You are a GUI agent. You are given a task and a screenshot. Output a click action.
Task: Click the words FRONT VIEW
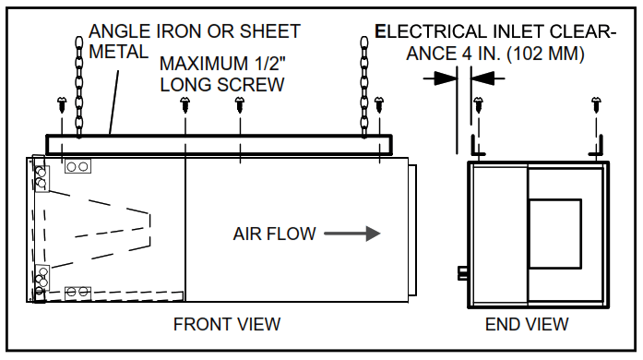click(227, 324)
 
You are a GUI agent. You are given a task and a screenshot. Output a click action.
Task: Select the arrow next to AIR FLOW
click(359, 234)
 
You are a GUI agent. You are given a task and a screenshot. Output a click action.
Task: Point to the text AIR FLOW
click(273, 234)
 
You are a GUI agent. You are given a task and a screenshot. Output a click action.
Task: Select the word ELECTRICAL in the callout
click(430, 32)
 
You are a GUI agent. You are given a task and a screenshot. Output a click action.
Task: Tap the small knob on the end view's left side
click(461, 272)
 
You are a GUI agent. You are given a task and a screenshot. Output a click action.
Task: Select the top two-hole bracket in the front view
click(77, 166)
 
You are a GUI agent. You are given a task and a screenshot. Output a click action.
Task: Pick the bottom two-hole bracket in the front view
click(77, 292)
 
